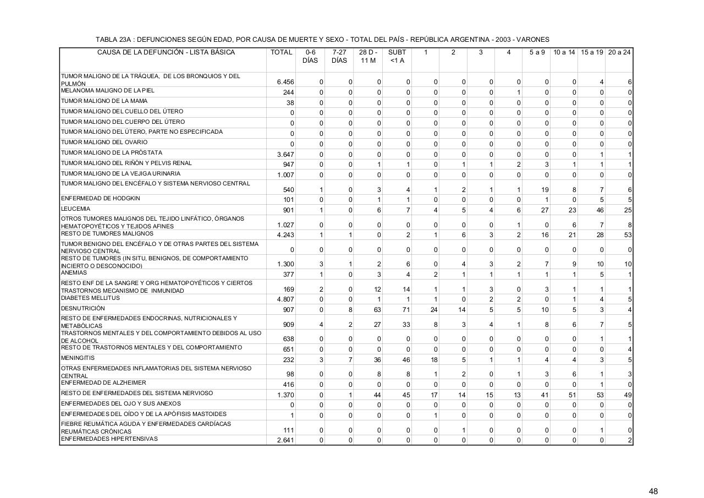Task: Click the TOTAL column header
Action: point(281,52)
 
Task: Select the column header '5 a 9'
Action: point(537,52)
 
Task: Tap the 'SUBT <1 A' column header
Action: point(397,56)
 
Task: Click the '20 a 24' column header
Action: point(619,52)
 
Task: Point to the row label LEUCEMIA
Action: point(76,209)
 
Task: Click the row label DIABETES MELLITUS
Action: point(90,298)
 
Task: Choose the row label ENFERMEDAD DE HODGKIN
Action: point(101,198)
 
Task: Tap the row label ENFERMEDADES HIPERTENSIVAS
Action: point(109,439)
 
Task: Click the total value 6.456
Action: point(285,82)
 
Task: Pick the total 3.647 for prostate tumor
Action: point(285,154)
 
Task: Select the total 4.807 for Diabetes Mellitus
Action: point(285,299)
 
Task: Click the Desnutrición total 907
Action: point(288,310)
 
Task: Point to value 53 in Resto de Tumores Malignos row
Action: point(628,235)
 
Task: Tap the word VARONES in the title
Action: point(532,40)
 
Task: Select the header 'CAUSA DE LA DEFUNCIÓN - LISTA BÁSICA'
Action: point(166,52)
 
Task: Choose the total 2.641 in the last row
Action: point(285,440)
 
